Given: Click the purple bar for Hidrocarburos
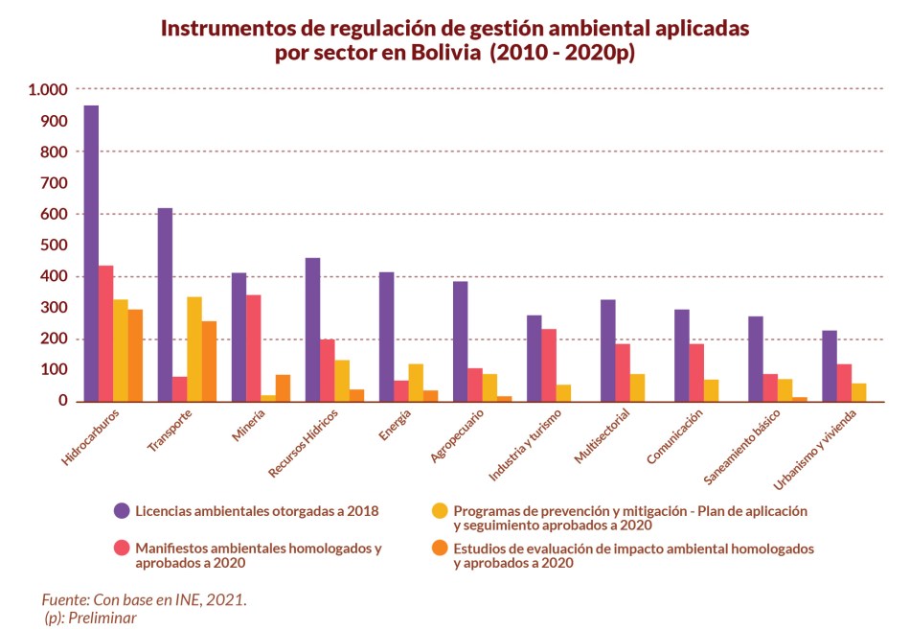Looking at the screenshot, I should (x=91, y=253).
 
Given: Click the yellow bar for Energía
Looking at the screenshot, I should (x=416, y=383).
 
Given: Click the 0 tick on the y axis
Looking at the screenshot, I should (x=63, y=401).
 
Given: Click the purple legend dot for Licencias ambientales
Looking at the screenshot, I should (x=122, y=511).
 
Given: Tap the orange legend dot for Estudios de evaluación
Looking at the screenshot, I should (x=440, y=549).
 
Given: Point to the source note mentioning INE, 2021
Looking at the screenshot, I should (x=145, y=599).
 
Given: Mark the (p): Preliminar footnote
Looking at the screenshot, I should (x=91, y=618).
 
